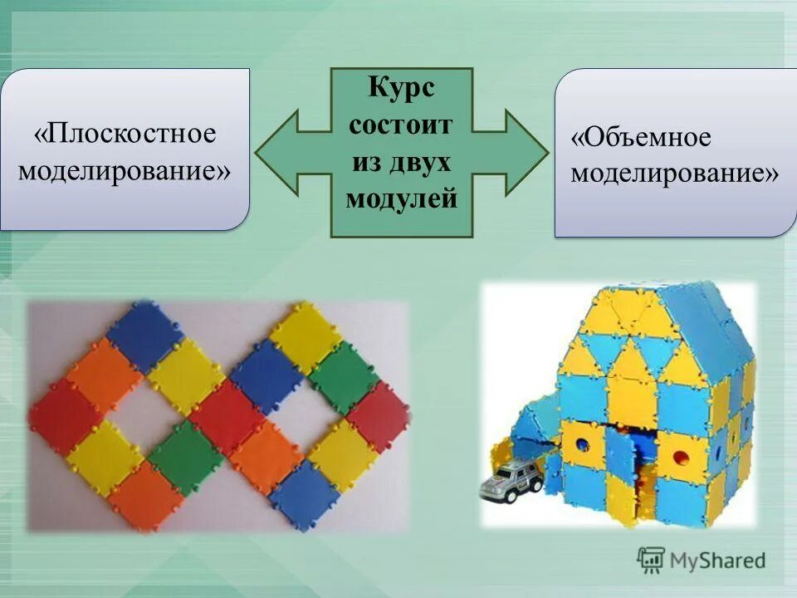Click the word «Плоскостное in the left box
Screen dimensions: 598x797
(125, 134)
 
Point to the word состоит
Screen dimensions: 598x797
(401, 125)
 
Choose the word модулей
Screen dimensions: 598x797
(401, 199)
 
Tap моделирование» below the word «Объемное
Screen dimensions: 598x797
(674, 174)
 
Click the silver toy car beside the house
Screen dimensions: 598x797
(513, 479)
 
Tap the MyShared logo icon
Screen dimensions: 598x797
(652, 560)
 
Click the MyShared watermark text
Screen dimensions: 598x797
(719, 561)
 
